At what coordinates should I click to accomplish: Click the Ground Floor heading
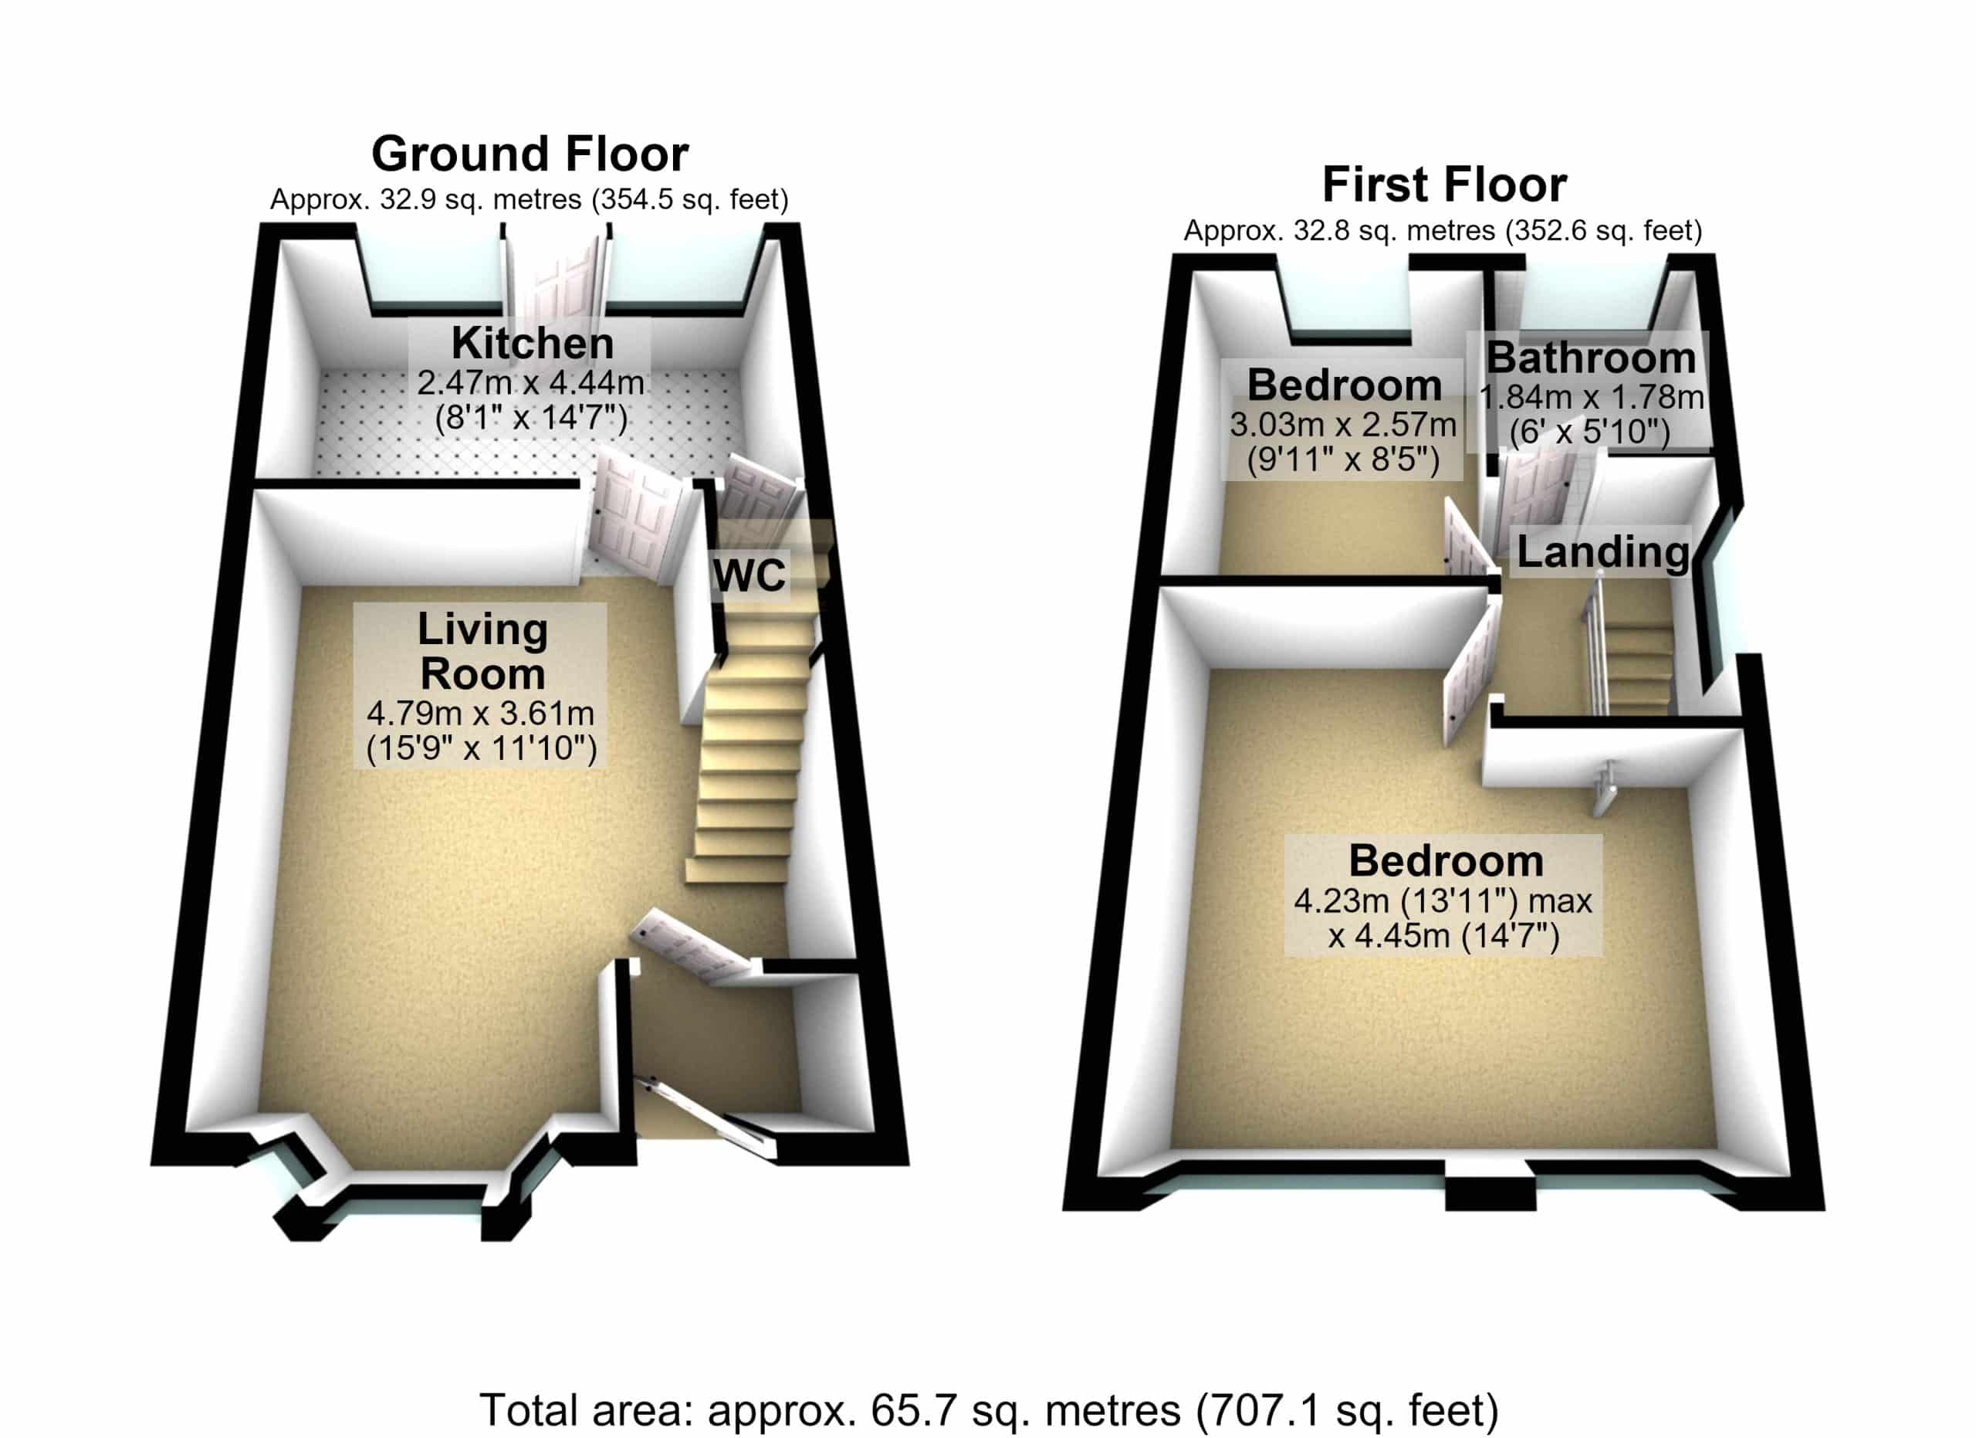530,154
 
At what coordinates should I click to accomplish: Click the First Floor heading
1444,185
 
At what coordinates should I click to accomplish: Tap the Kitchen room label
533,344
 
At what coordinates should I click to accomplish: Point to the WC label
749,575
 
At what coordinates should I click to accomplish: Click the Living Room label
482,652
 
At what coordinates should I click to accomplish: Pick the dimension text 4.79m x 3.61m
480,714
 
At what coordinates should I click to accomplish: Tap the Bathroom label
1591,358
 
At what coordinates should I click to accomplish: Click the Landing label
1603,551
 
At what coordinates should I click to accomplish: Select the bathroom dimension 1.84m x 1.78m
1592,398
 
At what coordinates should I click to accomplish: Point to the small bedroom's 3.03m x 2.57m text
1342,426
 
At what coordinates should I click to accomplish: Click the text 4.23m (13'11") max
1443,900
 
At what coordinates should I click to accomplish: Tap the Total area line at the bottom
989,1409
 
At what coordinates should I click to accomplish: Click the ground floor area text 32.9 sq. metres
480,199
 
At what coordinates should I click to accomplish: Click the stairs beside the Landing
1638,663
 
